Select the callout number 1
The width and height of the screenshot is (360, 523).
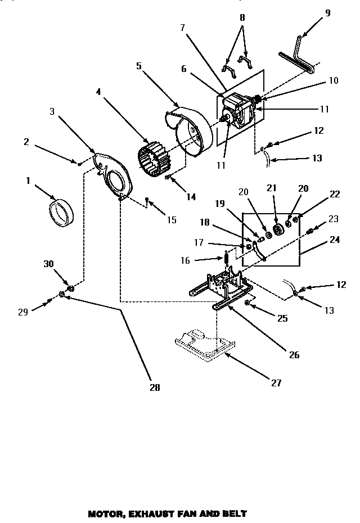coord(27,181)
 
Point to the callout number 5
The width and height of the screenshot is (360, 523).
coord(138,65)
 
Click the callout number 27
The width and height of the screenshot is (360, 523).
coord(276,383)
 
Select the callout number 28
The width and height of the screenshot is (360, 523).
coord(155,387)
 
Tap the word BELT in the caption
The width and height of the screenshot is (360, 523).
coord(235,513)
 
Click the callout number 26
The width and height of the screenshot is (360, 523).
coord(294,354)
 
